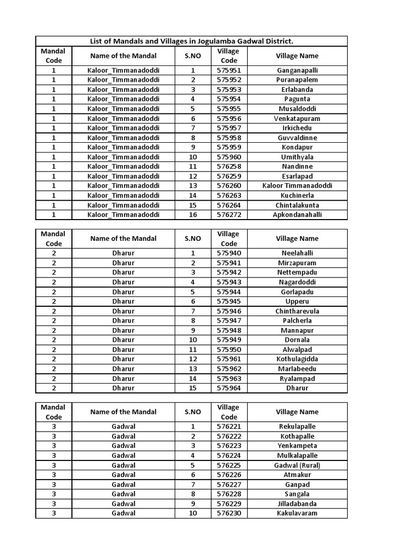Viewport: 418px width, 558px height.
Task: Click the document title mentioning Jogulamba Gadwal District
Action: [191, 41]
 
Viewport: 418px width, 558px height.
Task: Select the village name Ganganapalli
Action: [297, 70]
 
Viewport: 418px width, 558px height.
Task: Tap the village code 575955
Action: [229, 109]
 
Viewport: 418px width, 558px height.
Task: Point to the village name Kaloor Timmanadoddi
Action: [297, 186]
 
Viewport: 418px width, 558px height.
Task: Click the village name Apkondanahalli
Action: [297, 215]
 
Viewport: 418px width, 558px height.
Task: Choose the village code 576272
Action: [229, 215]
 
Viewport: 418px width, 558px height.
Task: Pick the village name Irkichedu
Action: [297, 128]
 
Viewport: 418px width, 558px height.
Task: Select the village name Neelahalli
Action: [297, 253]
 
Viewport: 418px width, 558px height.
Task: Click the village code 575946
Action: [229, 311]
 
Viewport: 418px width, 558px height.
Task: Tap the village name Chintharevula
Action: [297, 311]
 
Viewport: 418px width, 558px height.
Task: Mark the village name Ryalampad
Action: [297, 379]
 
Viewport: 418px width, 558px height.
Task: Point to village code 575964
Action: [229, 389]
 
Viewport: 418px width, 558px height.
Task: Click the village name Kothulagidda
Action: [297, 359]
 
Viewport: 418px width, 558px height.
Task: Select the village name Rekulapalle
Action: [297, 427]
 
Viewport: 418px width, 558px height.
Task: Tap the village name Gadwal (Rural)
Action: [297, 465]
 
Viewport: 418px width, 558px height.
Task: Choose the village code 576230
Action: [229, 513]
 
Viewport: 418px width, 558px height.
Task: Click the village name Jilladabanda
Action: [297, 504]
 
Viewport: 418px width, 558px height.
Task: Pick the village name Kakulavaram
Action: [297, 513]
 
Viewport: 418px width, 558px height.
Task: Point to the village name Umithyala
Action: [297, 157]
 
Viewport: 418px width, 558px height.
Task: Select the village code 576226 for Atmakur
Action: [229, 475]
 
